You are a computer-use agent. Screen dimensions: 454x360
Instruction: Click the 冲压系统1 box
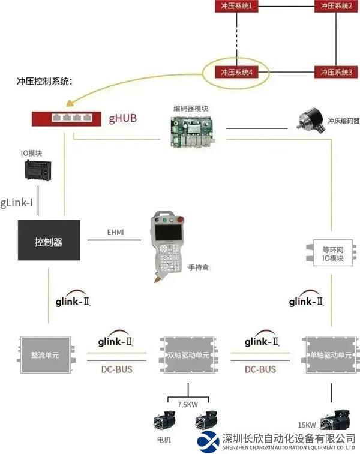point(236,7)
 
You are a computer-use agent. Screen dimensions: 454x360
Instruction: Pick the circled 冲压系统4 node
point(236,73)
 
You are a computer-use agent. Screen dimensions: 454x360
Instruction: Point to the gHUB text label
point(123,118)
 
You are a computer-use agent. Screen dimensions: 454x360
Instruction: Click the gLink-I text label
point(16,202)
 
